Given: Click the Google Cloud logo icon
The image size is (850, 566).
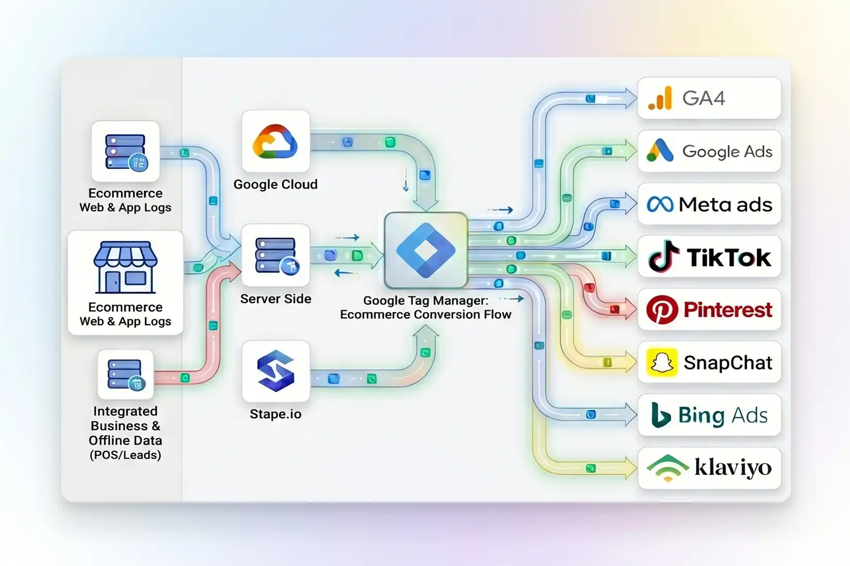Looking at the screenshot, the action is coord(275,141).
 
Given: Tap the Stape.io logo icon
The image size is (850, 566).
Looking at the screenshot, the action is coord(276,371).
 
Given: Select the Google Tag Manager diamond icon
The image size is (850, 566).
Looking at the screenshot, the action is coord(426,250).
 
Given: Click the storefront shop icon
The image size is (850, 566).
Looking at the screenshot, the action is coord(125,267).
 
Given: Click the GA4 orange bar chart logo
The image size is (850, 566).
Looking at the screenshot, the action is coord(660,98).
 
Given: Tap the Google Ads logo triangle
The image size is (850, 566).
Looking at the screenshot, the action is coord(660,150).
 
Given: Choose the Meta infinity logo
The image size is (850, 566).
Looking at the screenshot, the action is coord(660,204).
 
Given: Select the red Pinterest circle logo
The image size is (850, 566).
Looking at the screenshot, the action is coord(662,310).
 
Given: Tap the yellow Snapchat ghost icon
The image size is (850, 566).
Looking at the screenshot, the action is coord(662,362).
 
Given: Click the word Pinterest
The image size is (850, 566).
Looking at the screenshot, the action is coord(728,310).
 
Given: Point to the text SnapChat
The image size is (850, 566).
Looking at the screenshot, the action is coord(728,362).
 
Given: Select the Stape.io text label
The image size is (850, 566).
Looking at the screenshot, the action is coord(276,414).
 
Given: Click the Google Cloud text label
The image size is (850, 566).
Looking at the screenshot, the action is coord(276,184).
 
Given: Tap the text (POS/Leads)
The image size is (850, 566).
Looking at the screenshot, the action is coord(125,455).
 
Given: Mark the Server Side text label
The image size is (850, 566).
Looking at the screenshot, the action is coord(276,299).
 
